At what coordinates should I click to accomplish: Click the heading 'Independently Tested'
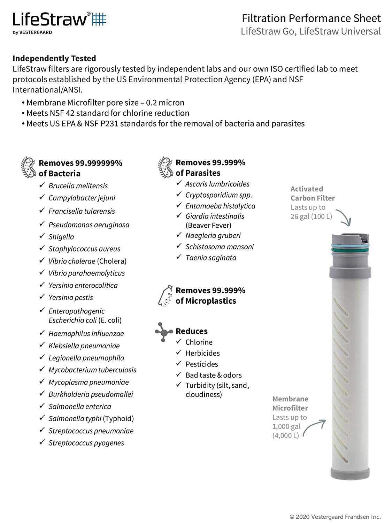(54, 58)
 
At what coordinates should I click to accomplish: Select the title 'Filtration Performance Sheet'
(311, 18)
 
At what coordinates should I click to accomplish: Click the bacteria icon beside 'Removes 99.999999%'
(29, 167)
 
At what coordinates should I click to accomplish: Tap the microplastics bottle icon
(165, 296)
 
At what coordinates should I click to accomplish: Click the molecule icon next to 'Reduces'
(163, 332)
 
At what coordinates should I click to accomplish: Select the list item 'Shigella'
(61, 237)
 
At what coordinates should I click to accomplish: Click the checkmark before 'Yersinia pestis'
(42, 297)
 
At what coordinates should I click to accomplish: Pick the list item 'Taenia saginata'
(211, 258)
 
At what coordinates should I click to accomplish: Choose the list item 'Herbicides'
(202, 353)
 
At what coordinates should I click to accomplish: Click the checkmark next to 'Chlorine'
(179, 341)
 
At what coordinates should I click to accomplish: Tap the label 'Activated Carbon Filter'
(313, 194)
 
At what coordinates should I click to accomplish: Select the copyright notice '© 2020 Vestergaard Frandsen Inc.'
(335, 517)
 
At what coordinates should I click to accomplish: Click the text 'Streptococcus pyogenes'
(86, 443)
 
